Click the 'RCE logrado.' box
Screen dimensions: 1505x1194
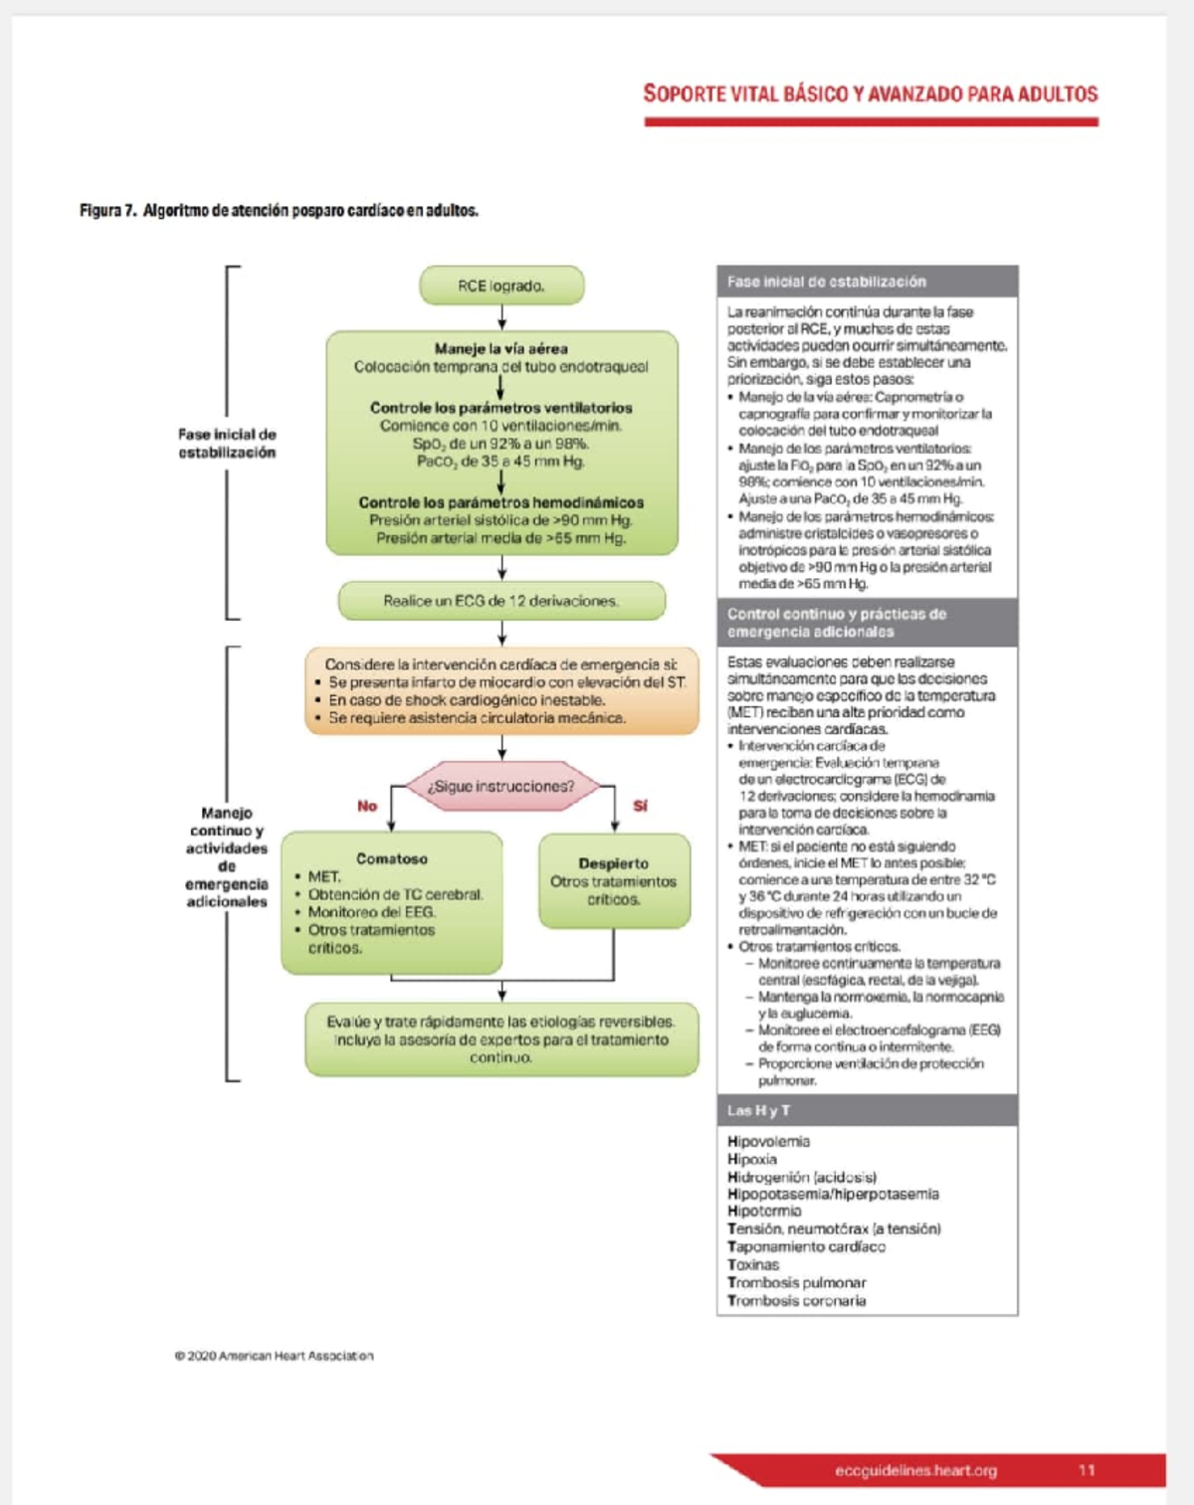[x=501, y=285]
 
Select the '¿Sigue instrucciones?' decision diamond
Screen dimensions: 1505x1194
[x=501, y=786]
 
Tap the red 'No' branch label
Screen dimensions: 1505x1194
[x=367, y=806]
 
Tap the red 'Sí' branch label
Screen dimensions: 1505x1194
[x=640, y=806]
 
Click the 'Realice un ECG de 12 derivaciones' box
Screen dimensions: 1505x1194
[x=501, y=601]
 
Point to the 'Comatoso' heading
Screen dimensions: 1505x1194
[x=392, y=858]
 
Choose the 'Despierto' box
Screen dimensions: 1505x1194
[x=614, y=881]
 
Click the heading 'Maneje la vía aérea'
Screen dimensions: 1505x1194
[x=501, y=349]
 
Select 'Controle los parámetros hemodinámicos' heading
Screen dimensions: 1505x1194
[x=501, y=502]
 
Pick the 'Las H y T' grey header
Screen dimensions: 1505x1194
[x=867, y=1110]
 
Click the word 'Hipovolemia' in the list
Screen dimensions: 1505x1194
[x=768, y=1142]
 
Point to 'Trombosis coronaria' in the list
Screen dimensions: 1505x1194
[x=796, y=1300]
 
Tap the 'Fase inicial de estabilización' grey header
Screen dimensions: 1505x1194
[x=867, y=282]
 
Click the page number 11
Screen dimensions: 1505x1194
[x=1087, y=1470]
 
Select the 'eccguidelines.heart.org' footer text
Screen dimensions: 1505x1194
[x=915, y=1470]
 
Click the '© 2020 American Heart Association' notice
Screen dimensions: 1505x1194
[x=274, y=1356]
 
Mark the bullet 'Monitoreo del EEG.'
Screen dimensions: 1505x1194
[x=371, y=912]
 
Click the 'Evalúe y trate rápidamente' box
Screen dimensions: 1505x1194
[x=501, y=1039]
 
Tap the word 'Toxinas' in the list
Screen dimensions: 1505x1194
[x=753, y=1265]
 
